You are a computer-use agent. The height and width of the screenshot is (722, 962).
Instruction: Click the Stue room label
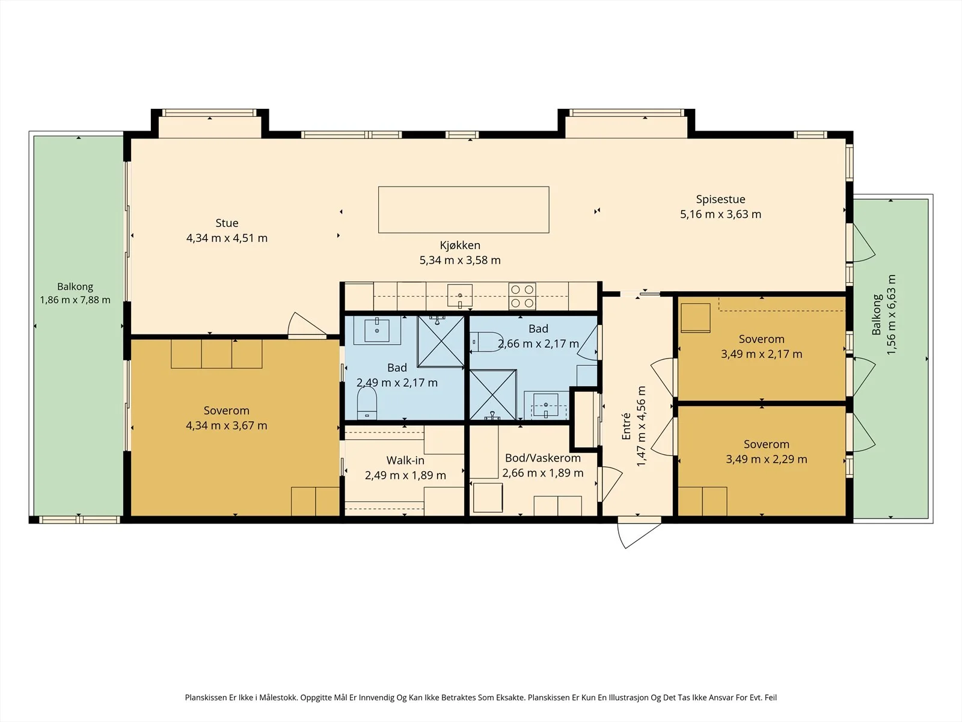coord(227,223)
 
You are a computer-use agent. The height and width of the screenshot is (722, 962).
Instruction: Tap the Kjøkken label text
coord(460,245)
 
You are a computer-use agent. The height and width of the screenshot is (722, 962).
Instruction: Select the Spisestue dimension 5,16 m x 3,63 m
coord(720,214)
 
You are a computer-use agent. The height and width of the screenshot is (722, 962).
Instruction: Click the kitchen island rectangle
coord(464,209)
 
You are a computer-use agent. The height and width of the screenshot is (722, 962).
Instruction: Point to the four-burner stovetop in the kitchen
coord(522,296)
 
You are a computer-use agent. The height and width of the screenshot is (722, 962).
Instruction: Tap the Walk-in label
coord(405,460)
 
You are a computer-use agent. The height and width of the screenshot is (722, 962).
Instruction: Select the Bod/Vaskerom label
coord(542,458)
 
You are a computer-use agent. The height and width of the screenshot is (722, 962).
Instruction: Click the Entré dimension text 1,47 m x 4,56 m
coord(641,426)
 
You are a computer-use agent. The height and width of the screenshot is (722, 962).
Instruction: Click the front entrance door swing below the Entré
coord(638,534)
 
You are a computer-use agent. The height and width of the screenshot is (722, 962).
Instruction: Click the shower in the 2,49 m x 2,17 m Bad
coord(441,341)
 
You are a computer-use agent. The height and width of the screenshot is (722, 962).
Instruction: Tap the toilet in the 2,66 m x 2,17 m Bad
coord(486,342)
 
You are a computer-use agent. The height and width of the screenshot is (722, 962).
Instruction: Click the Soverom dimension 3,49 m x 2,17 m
coord(762,354)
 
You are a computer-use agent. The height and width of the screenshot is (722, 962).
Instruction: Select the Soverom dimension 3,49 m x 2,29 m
coord(767,460)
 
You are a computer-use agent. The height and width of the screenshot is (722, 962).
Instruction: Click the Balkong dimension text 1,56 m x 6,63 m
coord(892,315)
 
